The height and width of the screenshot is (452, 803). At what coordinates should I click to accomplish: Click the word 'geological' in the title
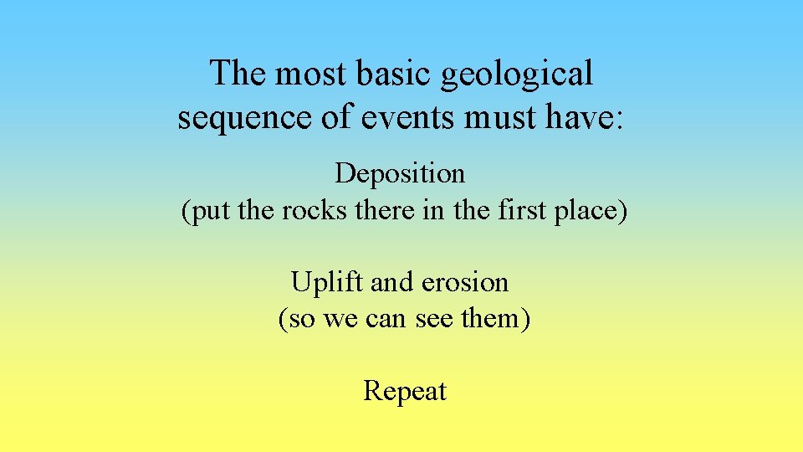(x=517, y=74)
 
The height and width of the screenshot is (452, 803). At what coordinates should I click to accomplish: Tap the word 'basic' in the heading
(x=391, y=74)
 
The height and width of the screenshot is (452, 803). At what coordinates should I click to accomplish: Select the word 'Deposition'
(x=400, y=174)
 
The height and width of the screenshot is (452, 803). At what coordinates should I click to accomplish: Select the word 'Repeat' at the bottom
(x=404, y=391)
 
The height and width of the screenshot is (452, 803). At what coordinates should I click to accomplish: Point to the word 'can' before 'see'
(x=386, y=319)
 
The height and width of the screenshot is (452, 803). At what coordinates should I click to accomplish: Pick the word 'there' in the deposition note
(x=377, y=210)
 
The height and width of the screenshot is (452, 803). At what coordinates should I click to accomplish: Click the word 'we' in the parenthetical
(x=340, y=319)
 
